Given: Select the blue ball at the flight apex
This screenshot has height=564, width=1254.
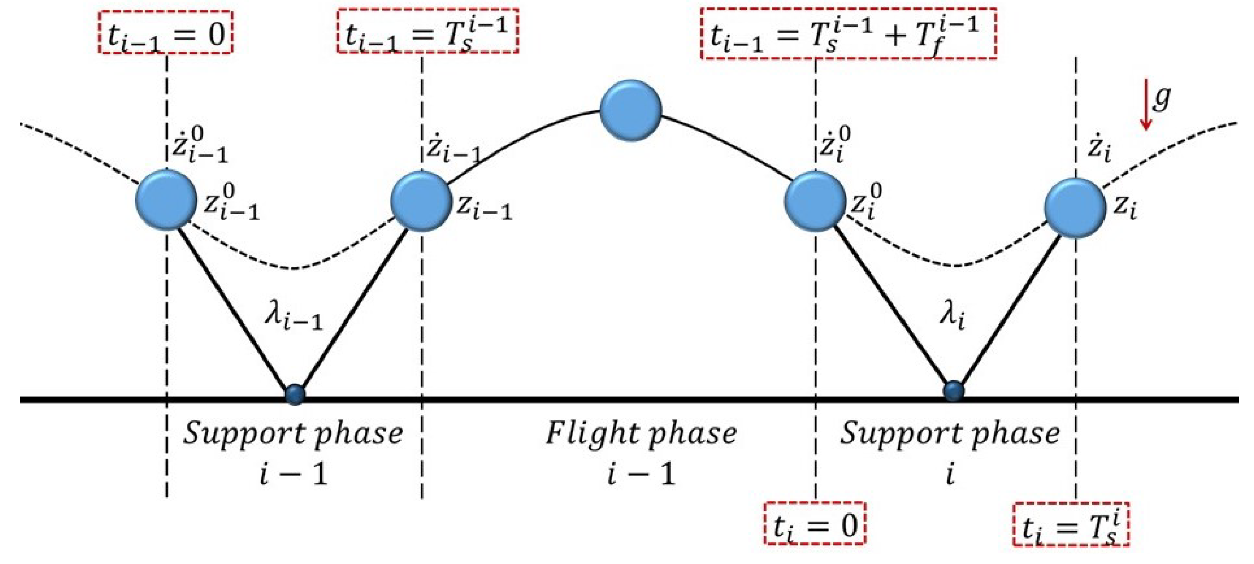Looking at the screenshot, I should pyautogui.click(x=631, y=110).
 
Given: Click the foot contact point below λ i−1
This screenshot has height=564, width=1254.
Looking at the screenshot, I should pyautogui.click(x=295, y=395).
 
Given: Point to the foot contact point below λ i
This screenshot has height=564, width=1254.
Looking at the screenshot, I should pyautogui.click(x=954, y=391).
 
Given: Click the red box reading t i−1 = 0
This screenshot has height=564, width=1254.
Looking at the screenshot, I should pyautogui.click(x=165, y=32).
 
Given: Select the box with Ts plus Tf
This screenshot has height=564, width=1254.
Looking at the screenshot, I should pyautogui.click(x=848, y=34).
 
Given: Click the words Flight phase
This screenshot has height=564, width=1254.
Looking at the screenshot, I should pyautogui.click(x=641, y=434).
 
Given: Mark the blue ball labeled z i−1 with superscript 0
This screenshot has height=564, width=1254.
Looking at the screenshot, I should pyautogui.click(x=166, y=199).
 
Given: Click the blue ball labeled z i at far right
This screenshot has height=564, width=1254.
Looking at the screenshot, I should pyautogui.click(x=1075, y=208).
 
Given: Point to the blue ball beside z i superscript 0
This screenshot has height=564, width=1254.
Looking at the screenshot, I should pyautogui.click(x=815, y=201).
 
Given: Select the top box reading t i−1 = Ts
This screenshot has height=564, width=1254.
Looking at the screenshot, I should pyautogui.click(x=427, y=31).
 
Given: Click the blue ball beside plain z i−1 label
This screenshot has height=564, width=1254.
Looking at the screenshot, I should pyautogui.click(x=421, y=201).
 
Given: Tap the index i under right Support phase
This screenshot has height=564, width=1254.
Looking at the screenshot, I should pyautogui.click(x=949, y=473).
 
